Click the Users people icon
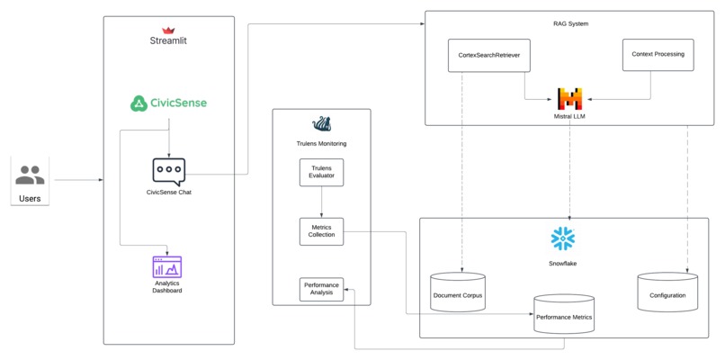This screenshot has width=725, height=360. pos(30,175)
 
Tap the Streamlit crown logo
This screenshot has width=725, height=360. pos(168,30)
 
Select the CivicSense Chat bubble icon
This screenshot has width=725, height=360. pos(168,171)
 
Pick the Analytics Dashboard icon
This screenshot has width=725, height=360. pos(167,266)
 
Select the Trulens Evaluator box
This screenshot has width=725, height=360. pos(321,172)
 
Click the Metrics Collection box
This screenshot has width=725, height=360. pos(321,230)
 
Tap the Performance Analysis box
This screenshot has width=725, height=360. pos(321,289)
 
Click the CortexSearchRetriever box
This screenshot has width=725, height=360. pos(488,55)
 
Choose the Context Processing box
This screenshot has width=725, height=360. pos(658,55)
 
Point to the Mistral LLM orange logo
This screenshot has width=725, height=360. pos(569,99)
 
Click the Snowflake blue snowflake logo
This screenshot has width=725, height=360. pos(563,238)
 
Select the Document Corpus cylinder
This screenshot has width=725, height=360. pos(459,292)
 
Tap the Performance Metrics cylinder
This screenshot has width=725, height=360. pos(564,313)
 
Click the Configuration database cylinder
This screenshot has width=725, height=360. pos(667,292)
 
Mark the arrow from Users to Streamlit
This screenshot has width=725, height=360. pos(77,180)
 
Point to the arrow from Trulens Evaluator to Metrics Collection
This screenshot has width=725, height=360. pos(321,202)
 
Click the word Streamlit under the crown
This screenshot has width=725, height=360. pos(168,41)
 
